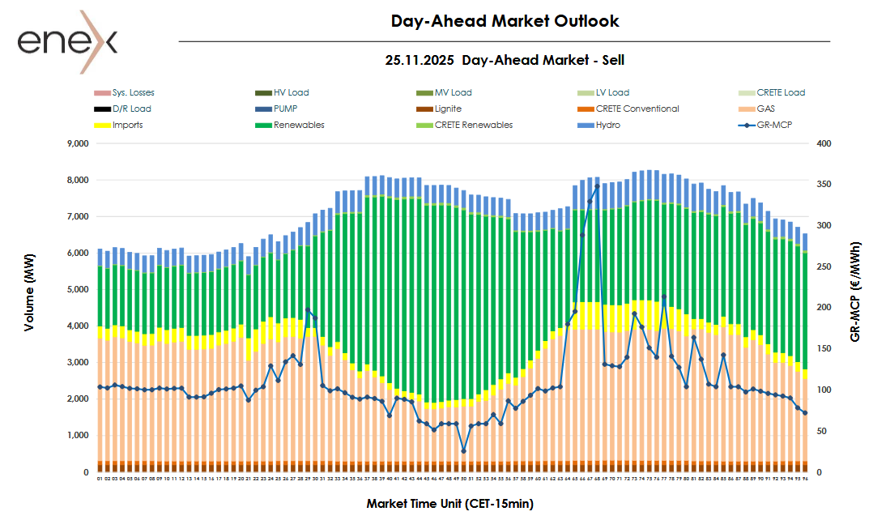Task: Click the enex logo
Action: pyautogui.click(x=68, y=40)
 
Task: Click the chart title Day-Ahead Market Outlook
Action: pyautogui.click(x=505, y=21)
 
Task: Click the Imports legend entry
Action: pyautogui.click(x=128, y=125)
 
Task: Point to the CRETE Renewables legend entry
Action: pyautogui.click(x=473, y=125)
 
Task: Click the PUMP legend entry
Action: pyautogui.click(x=286, y=109)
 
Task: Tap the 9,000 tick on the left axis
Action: pyautogui.click(x=77, y=144)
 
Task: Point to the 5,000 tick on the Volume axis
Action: pyautogui.click(x=77, y=290)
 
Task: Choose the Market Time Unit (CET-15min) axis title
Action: pyautogui.click(x=449, y=503)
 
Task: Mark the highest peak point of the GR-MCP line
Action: pyautogui.click(x=597, y=186)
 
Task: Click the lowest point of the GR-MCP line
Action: pyautogui.click(x=464, y=451)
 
